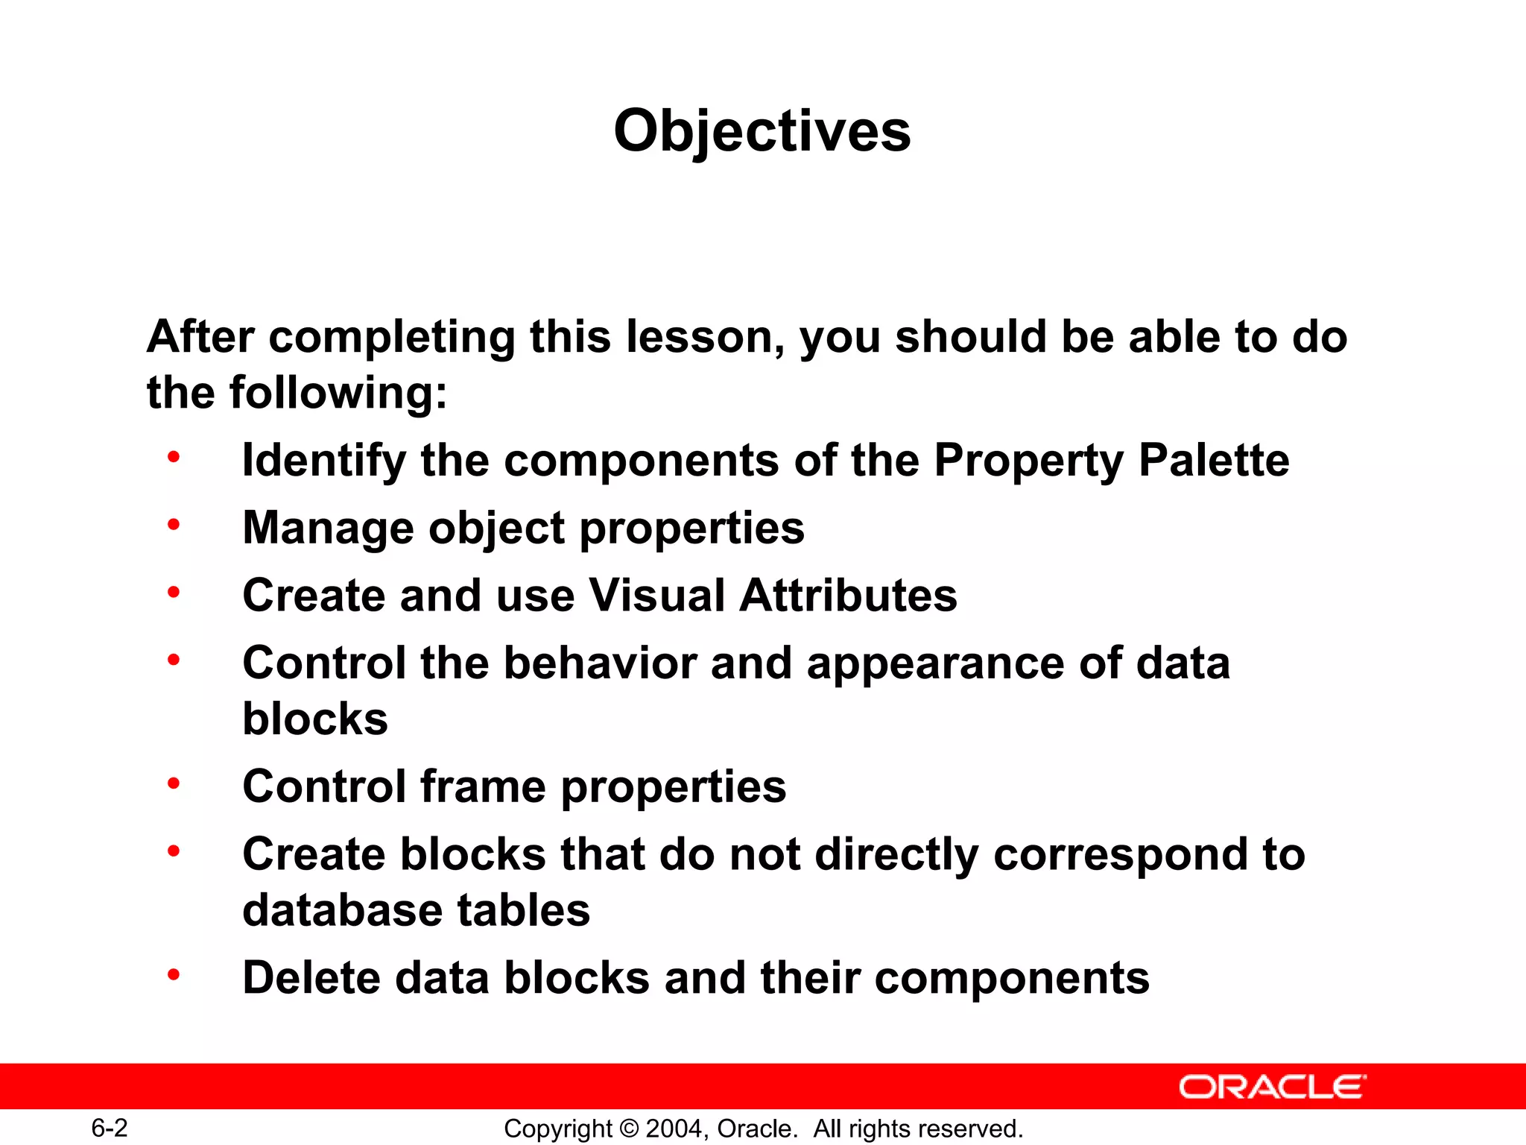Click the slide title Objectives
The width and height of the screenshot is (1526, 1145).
pos(762,131)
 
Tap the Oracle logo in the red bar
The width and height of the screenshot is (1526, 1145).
pos(1273,1087)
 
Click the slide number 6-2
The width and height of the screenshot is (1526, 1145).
pos(110,1128)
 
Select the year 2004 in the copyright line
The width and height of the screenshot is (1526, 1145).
pos(674,1129)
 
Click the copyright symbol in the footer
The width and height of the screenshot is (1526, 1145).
pos(629,1129)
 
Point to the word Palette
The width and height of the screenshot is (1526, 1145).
pos(1214,460)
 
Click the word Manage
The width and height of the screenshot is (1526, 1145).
pos(328,528)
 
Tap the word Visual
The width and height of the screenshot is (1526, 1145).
pos(656,595)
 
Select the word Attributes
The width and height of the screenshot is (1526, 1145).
pos(848,595)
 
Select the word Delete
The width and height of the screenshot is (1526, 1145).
pos(311,977)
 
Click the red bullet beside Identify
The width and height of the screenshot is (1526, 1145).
pos(174,457)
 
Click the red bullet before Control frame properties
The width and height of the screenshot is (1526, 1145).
pos(174,783)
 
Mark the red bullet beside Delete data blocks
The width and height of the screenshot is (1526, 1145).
pos(174,974)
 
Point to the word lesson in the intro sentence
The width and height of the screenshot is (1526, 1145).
pos(703,337)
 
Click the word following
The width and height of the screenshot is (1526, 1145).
pos(338,393)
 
